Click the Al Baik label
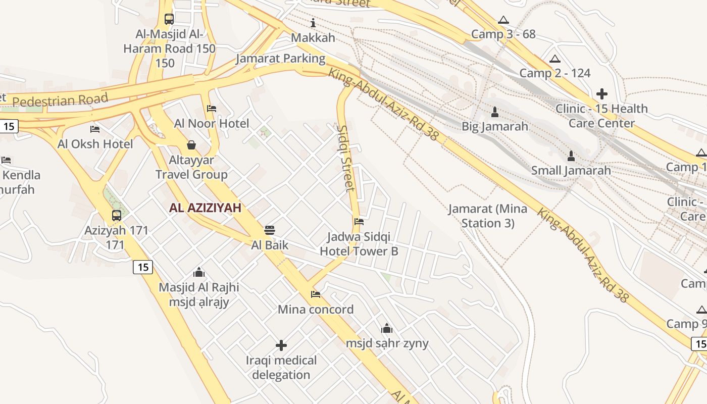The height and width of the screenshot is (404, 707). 270,245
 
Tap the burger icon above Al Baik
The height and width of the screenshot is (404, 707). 270,230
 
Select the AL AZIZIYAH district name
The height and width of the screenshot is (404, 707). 205,208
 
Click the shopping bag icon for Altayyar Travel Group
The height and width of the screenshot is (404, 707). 191,145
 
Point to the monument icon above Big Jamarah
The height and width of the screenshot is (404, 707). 494,111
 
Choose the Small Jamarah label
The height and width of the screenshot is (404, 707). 571,170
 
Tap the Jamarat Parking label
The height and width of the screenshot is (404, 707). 280,58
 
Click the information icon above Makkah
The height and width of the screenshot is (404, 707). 313,23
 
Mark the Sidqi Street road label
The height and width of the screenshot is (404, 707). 346,158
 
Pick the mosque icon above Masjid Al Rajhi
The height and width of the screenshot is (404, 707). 199,272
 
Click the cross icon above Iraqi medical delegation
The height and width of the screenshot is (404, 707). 281,345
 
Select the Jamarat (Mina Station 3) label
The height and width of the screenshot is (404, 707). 487,216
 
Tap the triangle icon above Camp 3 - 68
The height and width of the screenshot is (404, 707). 503,20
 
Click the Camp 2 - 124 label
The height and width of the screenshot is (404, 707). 555,73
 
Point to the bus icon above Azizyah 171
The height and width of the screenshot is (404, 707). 117,216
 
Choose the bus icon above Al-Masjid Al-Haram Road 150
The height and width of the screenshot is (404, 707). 169,19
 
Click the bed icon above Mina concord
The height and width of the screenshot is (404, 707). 316,294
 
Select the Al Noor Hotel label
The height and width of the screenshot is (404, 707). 212,124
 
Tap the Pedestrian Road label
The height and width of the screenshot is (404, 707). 60,100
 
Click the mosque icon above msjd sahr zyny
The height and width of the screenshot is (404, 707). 387,328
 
